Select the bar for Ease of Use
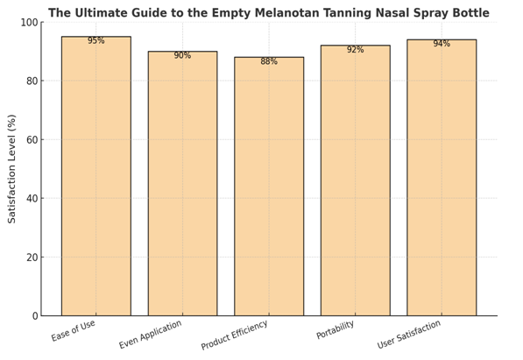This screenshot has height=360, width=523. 95,175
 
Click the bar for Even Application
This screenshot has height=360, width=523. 182,183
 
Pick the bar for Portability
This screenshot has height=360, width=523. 355,180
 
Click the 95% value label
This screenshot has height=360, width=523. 95,41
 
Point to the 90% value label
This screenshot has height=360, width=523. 182,56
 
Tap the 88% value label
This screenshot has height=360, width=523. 269,62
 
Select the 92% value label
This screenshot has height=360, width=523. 355,50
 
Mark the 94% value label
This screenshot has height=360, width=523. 442,44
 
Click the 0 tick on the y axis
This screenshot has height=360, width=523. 32,315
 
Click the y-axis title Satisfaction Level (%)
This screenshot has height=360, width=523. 12,168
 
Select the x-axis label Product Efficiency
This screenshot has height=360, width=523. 235,335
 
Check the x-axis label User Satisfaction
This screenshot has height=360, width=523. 410,335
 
